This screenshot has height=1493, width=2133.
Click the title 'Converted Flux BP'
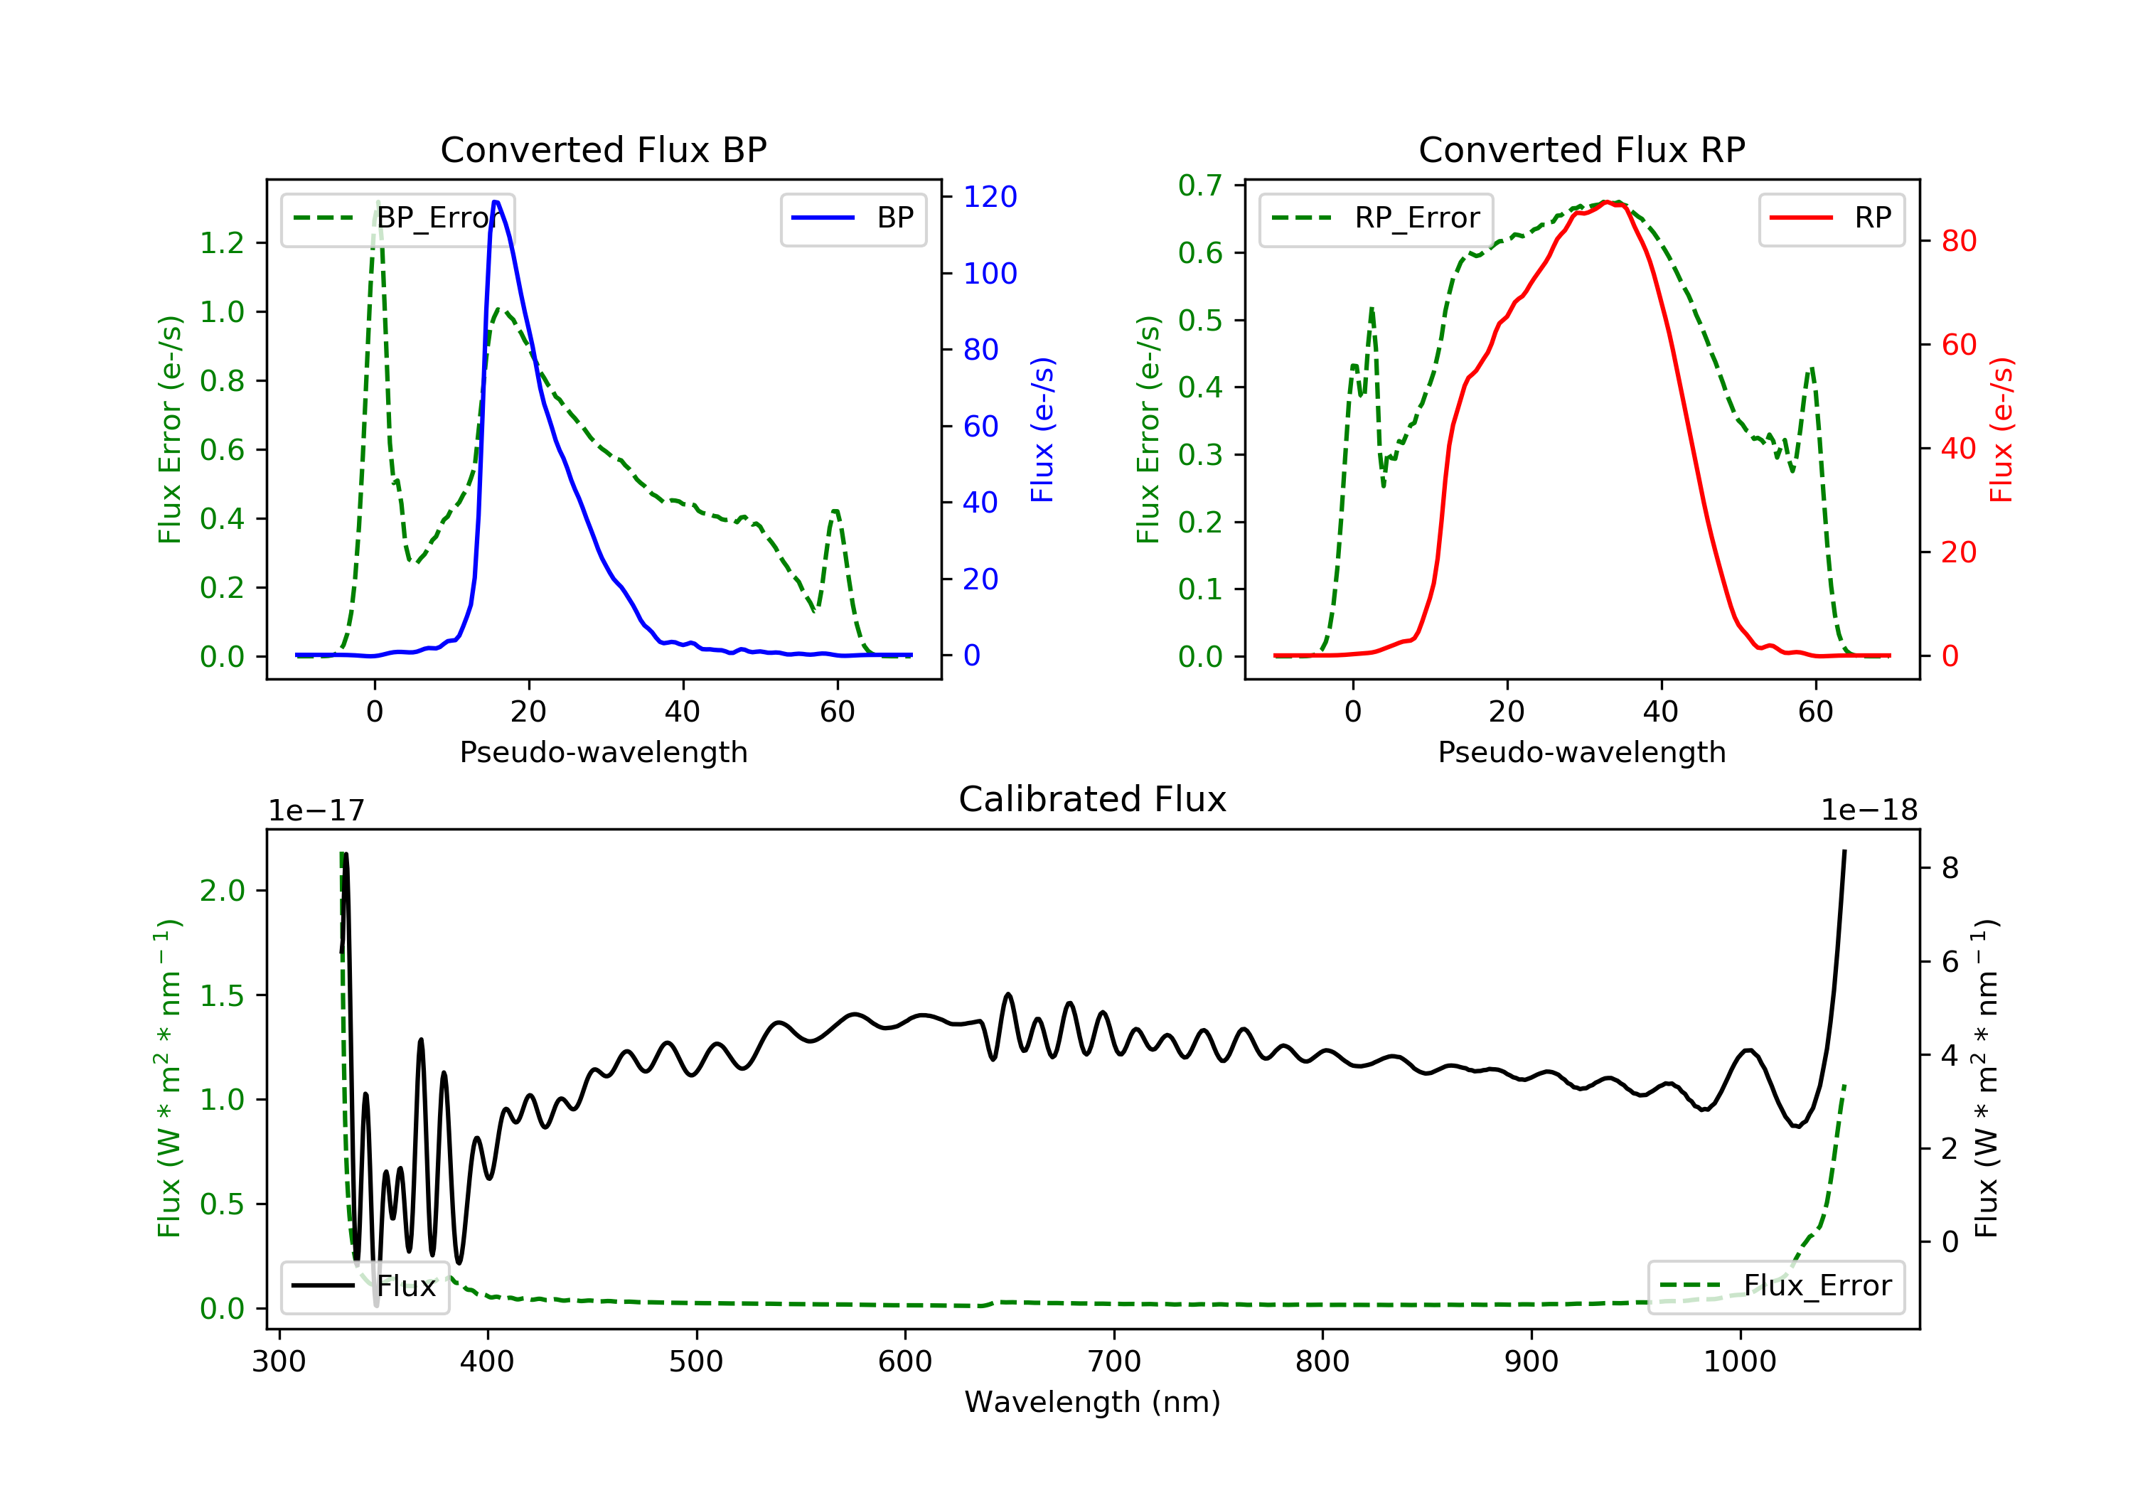tap(603, 149)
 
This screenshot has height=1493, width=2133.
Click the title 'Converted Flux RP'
tap(1581, 149)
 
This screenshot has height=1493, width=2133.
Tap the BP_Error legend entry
tap(397, 218)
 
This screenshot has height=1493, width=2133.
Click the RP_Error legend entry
tap(1375, 218)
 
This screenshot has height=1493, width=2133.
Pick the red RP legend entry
tap(1830, 218)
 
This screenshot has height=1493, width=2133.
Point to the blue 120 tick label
tap(990, 197)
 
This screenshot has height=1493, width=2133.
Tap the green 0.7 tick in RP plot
tap(1200, 186)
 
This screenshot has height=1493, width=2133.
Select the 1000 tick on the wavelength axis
tap(1739, 1362)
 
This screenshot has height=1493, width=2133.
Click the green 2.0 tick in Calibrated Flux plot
tap(222, 890)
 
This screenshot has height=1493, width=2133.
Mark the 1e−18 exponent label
tap(1869, 810)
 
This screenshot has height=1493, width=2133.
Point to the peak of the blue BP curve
tap(496, 202)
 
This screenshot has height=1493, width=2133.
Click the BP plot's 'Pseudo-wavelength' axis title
tap(603, 751)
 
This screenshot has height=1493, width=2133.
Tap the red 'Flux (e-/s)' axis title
tap(2001, 429)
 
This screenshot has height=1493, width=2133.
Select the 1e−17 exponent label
tap(317, 810)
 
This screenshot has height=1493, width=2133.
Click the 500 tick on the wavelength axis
tap(696, 1362)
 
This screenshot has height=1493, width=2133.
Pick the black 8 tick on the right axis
tap(1950, 868)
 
